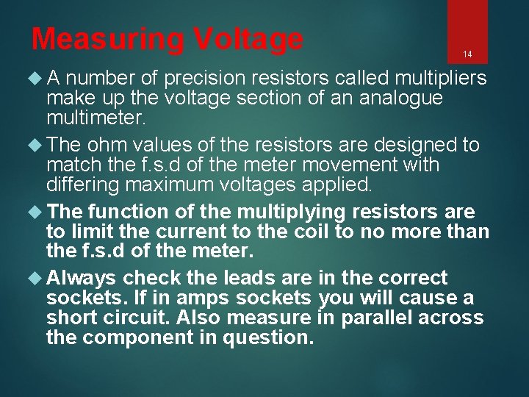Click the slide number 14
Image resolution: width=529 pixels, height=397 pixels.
467,54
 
